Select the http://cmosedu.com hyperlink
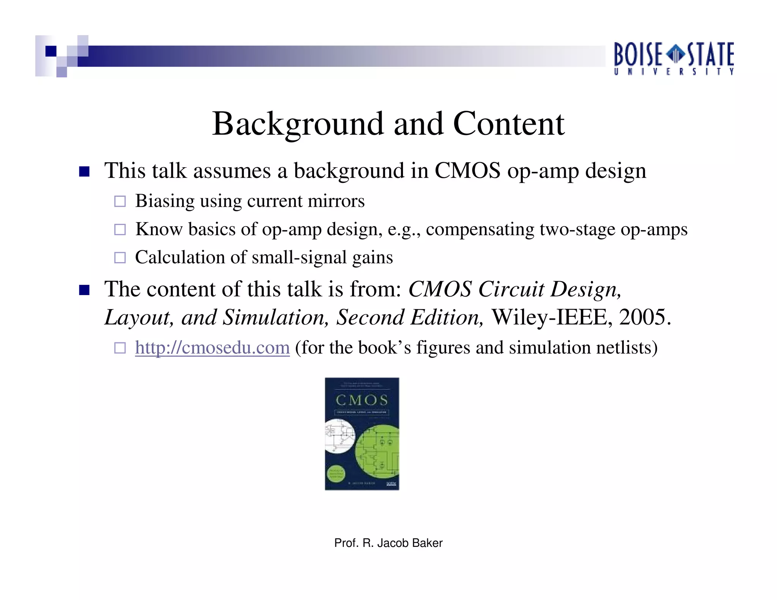pos(212,347)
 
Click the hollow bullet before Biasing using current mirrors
pos(120,201)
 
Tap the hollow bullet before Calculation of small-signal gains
pos(120,258)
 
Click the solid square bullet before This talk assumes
pos(84,171)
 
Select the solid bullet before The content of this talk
pos(84,290)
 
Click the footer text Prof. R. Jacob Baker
pos(388,543)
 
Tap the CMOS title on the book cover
pos(362,400)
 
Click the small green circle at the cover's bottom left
pos(336,474)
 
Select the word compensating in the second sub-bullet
pos(480,229)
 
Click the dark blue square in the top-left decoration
pos(51,51)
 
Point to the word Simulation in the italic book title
pos(275,317)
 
